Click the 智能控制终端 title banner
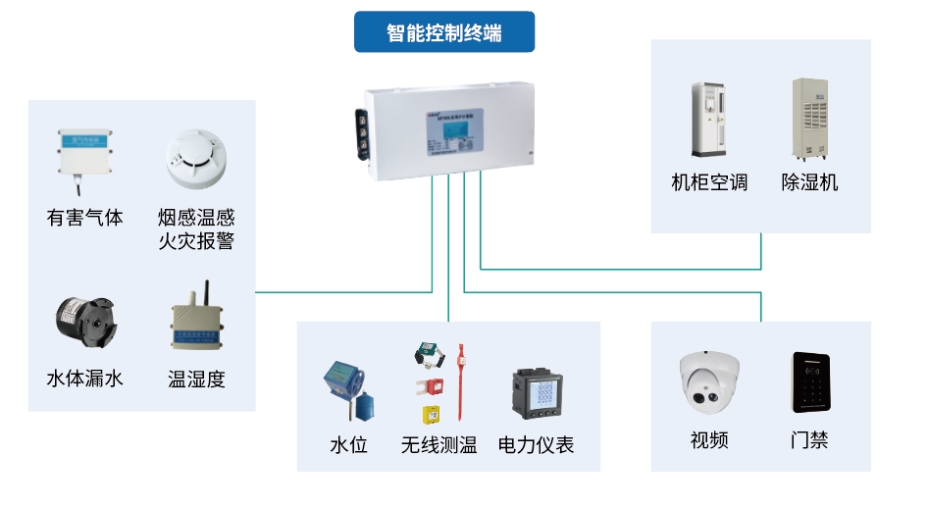click(x=444, y=33)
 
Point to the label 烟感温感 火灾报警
click(x=196, y=228)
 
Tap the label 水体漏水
click(x=85, y=379)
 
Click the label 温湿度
click(x=196, y=379)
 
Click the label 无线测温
click(x=438, y=445)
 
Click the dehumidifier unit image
click(x=810, y=119)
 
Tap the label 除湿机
click(x=809, y=182)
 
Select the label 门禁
click(x=809, y=440)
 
